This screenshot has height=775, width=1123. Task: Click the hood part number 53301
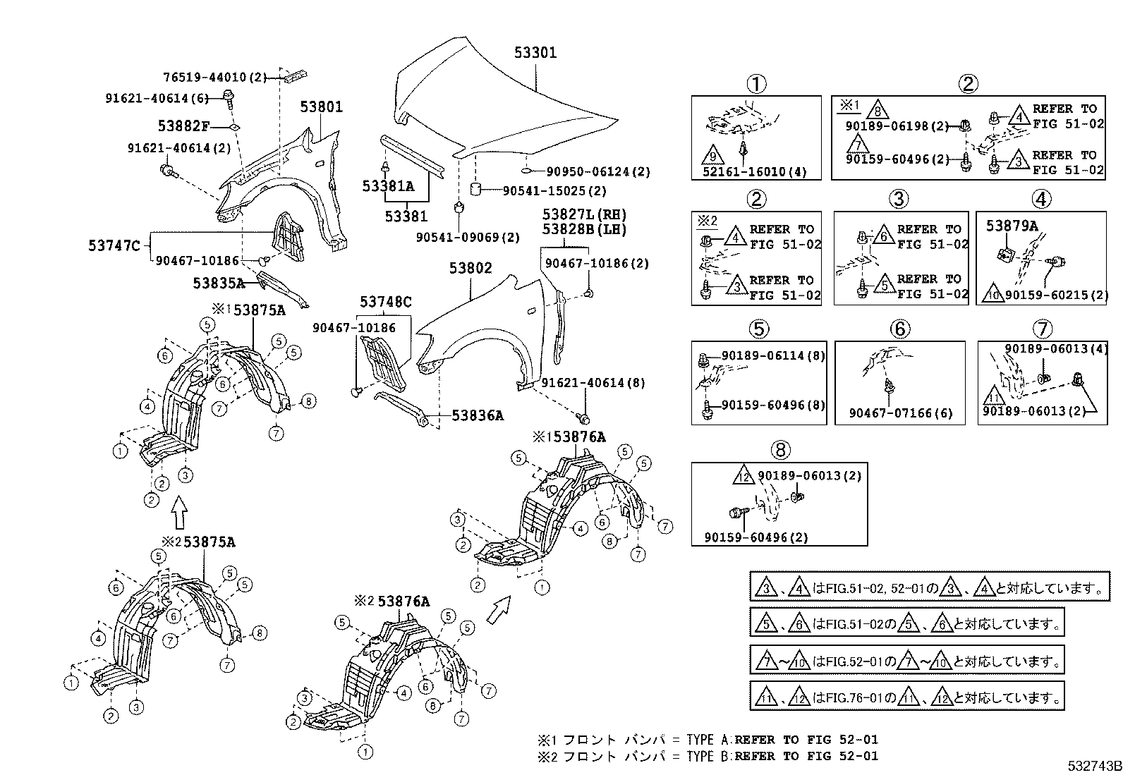(535, 52)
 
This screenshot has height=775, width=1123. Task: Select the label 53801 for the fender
(321, 107)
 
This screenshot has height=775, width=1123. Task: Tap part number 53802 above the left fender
(471, 269)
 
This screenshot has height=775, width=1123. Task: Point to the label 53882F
(183, 126)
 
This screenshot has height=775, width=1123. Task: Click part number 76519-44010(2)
(215, 78)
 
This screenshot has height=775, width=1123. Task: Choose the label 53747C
(114, 245)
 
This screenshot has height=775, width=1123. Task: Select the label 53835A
(218, 283)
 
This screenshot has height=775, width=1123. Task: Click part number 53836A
(478, 416)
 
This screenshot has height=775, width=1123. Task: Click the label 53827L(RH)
(584, 214)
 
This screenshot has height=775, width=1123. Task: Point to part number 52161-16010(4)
(755, 172)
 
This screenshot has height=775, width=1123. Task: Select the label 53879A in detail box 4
(1012, 226)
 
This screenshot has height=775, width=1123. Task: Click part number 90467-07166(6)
(900, 414)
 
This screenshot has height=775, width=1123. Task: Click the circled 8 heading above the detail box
(780, 449)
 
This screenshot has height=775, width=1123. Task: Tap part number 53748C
(385, 303)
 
